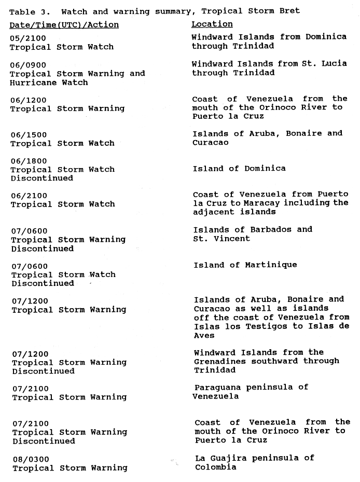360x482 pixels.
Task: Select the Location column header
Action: coord(212,24)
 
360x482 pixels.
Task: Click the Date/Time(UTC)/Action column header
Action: coord(64,24)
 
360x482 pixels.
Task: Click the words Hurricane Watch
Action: coord(42,82)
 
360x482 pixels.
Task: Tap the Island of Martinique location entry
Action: coord(245,265)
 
